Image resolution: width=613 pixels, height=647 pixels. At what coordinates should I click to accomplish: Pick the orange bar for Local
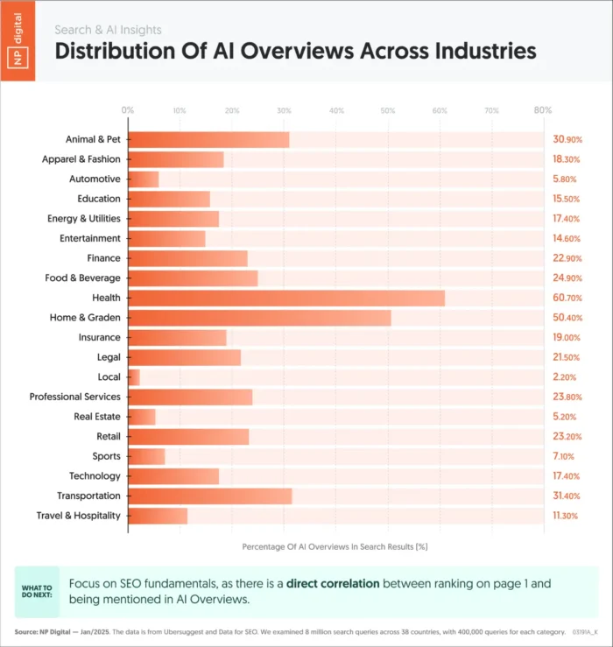(134, 376)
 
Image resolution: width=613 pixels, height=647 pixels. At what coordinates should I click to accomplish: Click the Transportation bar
(209, 496)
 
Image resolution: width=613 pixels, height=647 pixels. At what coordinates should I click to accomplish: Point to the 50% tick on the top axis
(387, 110)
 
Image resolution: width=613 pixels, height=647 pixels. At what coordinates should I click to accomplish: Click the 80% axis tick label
(542, 110)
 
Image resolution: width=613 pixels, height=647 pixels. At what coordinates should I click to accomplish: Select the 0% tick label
(128, 110)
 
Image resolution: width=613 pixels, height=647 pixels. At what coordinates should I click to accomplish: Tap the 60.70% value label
(567, 298)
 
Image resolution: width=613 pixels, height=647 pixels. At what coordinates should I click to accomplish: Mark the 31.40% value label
(567, 496)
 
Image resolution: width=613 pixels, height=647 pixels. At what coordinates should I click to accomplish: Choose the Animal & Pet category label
(93, 139)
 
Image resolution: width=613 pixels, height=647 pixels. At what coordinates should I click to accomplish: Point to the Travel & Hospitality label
(78, 516)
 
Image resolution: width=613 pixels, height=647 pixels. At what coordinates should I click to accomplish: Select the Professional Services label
(74, 397)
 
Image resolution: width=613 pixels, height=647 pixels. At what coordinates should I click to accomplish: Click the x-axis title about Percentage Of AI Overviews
(334, 545)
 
